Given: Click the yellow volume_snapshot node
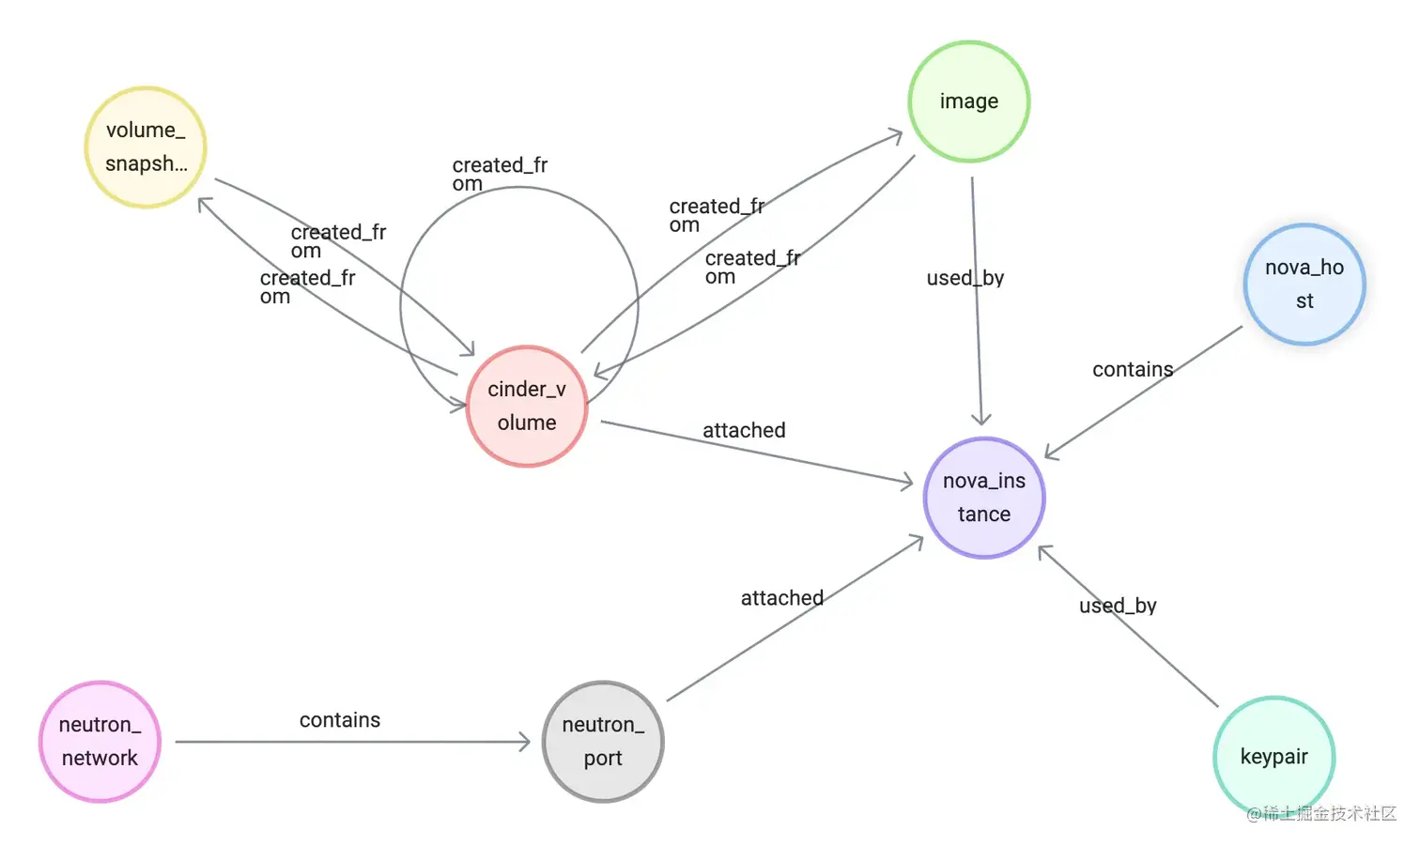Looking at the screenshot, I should pos(146,147).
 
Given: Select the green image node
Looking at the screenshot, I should pos(968,101).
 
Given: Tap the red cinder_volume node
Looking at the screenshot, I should pos(527,406).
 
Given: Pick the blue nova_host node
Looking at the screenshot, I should pos(1304,284).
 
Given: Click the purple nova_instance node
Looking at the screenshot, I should pos(983,498).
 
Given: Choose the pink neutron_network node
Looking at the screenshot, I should pos(100,742).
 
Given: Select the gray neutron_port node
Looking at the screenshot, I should pos(603,742).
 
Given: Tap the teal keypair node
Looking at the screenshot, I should pos(1273,757).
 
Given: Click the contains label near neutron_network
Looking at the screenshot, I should pos(340,720).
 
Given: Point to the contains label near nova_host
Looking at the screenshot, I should pos(1133,370).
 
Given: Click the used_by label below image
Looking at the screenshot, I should pos(965,278).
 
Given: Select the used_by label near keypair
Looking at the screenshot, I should pos(1118,606).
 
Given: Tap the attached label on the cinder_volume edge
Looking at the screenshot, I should pos(744,430).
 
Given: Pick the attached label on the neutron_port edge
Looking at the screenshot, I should pos(781,598).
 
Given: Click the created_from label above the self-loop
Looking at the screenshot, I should pos(500,174).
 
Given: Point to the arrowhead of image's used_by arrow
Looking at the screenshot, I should pos(981,419).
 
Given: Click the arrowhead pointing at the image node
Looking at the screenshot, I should pos(895,137).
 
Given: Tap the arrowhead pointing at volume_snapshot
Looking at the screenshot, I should pos(205,204).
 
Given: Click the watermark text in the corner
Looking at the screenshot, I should pos(1321,813).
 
